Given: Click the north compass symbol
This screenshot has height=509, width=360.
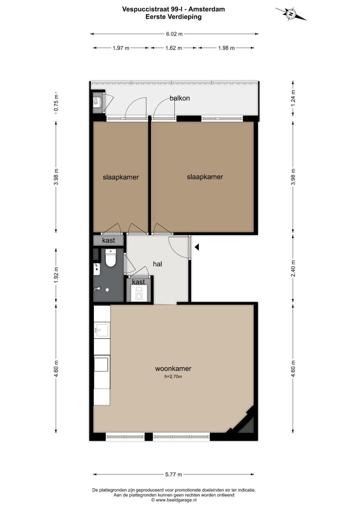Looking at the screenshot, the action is click(x=291, y=14).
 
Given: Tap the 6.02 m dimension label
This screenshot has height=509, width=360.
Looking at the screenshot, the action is click(x=174, y=34).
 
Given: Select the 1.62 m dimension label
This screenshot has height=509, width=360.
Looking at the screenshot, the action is click(x=174, y=48).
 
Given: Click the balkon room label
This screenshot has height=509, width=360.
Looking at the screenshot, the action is click(x=180, y=98).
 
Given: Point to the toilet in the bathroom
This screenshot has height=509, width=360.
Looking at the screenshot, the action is click(x=111, y=258).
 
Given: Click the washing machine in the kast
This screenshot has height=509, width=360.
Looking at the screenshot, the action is click(x=138, y=293).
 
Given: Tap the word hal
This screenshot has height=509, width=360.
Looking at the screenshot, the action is click(x=157, y=264).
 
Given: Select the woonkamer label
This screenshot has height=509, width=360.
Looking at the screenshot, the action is click(x=173, y=368).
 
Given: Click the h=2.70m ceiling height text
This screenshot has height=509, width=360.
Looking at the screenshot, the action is click(x=173, y=377).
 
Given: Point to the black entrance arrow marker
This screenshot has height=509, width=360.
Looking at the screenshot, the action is click(x=197, y=247).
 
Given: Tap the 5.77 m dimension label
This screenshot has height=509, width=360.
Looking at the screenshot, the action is click(x=174, y=474).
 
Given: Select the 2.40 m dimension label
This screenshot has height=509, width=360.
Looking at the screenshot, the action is click(x=293, y=268).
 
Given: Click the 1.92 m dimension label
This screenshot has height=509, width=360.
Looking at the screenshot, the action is click(x=56, y=275).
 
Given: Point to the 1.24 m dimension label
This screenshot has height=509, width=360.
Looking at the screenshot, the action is click(x=293, y=98).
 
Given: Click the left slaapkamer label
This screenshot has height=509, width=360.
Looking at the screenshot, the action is click(x=121, y=177).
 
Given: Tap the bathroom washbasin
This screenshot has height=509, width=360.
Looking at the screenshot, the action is click(x=97, y=269).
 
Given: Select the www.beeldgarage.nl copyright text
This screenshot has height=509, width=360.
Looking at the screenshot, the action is click(x=174, y=500).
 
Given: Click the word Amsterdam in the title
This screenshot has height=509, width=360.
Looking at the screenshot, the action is click(x=207, y=9).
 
